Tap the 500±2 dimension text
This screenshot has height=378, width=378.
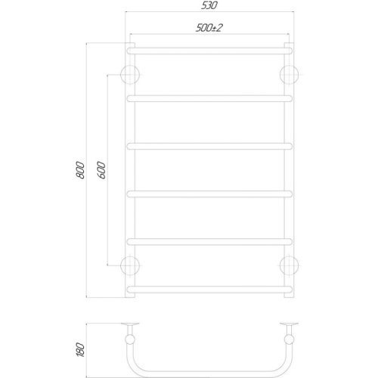[209, 28]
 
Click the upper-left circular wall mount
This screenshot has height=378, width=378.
[131, 74]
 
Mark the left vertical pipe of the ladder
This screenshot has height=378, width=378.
[131, 170]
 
